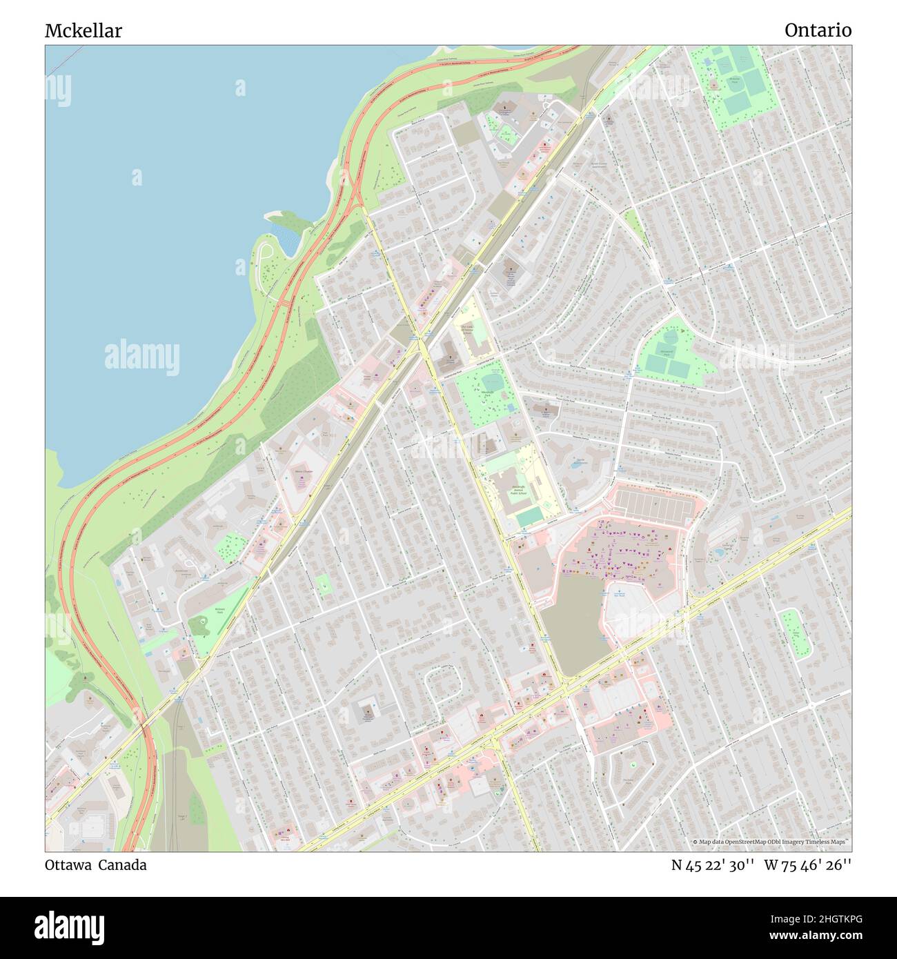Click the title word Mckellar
coord(83,31)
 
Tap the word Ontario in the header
coord(818,30)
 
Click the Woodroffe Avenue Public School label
coord(518,491)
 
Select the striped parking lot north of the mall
coord(652,505)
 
